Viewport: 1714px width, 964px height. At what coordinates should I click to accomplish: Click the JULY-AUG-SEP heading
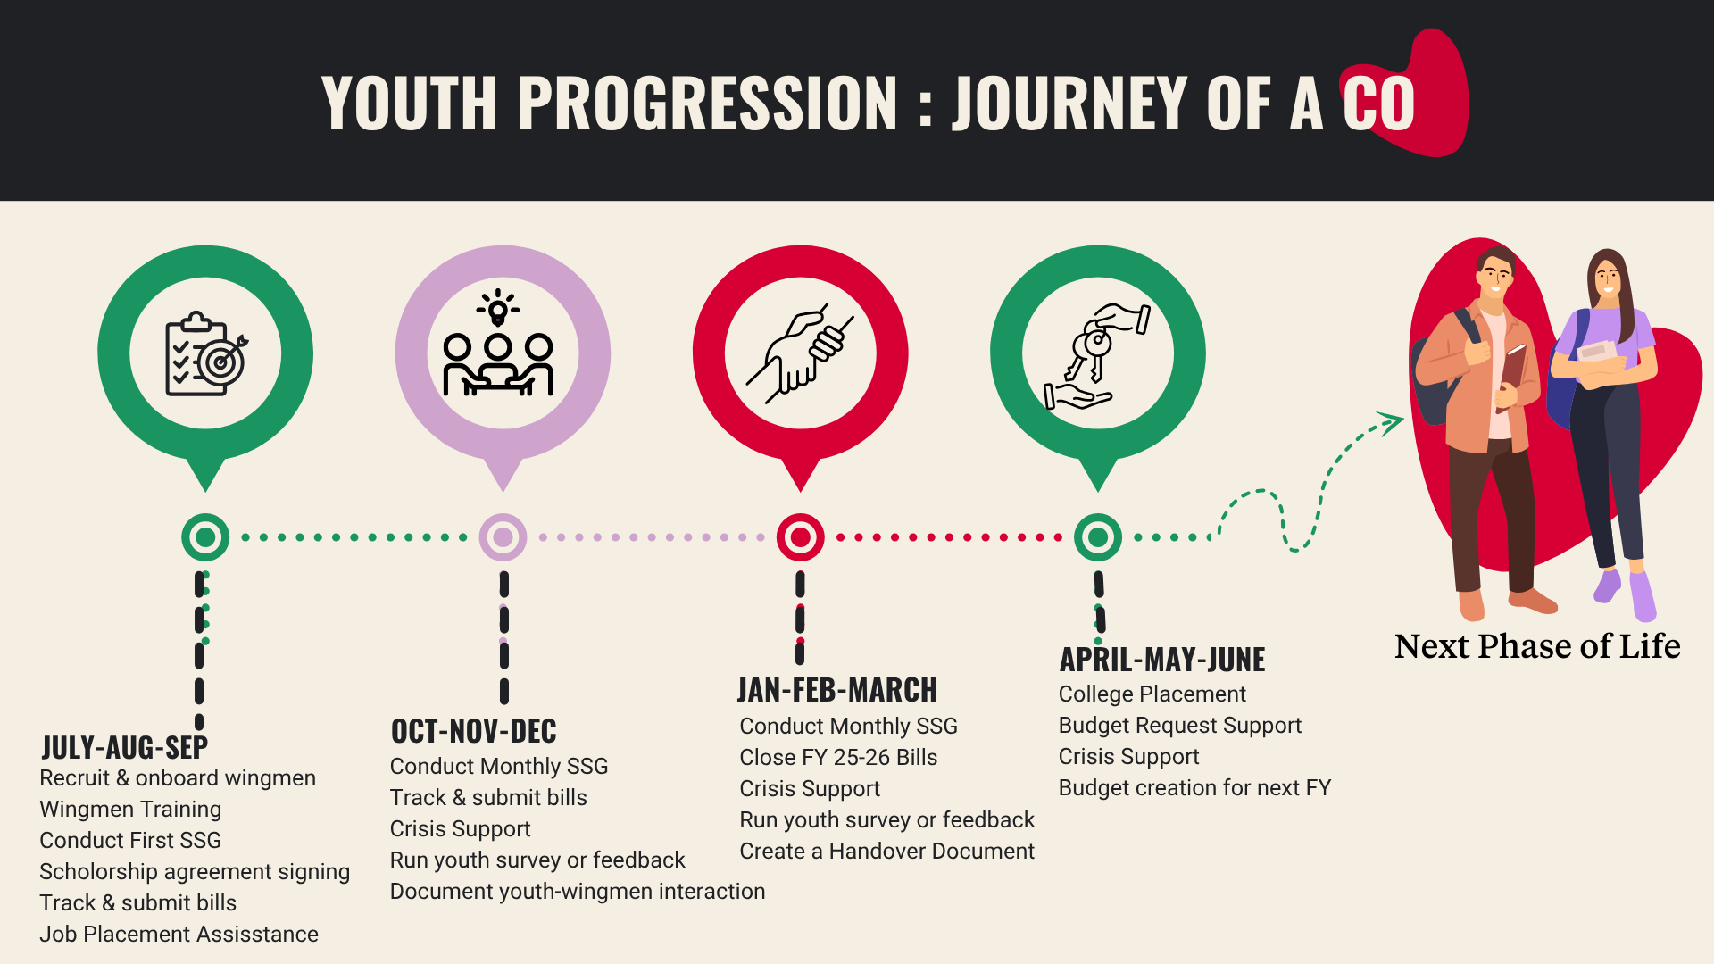point(125,747)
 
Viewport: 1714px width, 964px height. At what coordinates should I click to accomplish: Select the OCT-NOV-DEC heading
point(474,731)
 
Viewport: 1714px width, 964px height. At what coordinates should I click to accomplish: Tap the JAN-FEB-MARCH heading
point(837,690)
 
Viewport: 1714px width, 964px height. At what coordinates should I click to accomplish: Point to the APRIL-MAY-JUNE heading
point(1162,660)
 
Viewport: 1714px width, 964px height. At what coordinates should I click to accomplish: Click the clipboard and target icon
point(206,354)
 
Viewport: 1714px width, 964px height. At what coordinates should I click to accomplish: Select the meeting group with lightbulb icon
point(498,343)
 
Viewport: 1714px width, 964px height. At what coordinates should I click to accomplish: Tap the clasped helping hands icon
point(801,353)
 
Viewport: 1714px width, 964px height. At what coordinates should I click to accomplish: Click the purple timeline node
point(503,537)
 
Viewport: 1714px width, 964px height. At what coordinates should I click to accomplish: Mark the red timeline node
point(801,537)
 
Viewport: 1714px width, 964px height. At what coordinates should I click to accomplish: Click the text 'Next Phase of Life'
point(1537,645)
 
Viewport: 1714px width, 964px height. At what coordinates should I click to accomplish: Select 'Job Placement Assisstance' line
point(179,934)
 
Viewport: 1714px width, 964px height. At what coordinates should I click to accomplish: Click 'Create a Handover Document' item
point(887,851)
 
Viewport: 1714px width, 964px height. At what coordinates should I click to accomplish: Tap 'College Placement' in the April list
point(1152,694)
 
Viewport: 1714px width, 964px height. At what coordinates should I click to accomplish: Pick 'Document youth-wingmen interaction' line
point(578,891)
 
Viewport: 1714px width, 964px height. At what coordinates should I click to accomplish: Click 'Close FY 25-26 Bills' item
point(838,757)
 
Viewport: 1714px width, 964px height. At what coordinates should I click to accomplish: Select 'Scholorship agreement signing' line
point(195,871)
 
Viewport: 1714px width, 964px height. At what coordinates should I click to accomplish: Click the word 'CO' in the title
point(1379,103)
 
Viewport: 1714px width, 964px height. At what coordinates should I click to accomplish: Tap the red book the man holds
point(1512,374)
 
